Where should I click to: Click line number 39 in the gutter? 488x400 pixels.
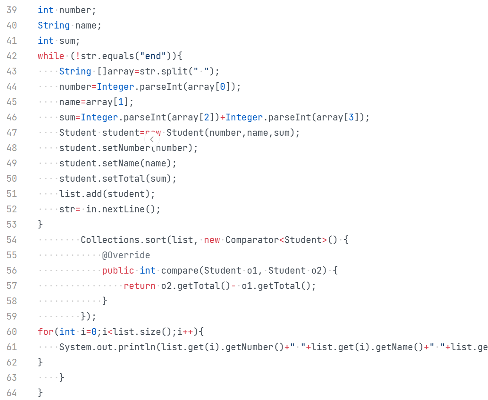tap(11, 10)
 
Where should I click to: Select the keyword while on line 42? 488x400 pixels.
tap(51, 56)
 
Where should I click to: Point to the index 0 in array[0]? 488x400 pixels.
tap(223, 86)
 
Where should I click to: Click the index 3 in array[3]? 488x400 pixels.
tap(351, 117)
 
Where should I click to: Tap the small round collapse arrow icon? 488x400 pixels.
tap(152, 139)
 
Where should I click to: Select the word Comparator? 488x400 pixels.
tap(252, 240)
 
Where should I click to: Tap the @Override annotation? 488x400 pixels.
tap(126, 255)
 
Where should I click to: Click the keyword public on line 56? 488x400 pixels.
tap(118, 270)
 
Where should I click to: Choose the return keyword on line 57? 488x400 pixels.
tap(140, 286)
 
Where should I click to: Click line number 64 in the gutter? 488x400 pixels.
tap(11, 392)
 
